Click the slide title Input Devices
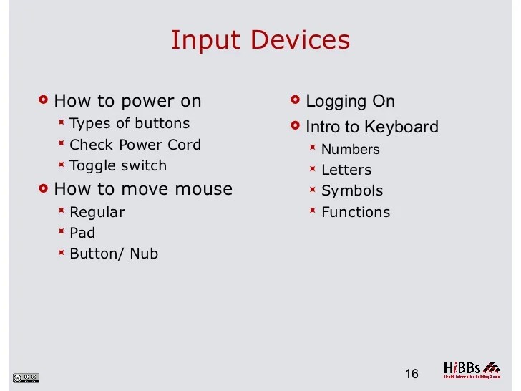click(x=260, y=39)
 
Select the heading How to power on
click(x=127, y=101)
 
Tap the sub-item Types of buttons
click(x=130, y=123)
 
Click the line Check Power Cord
click(x=135, y=145)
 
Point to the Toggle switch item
click(x=118, y=165)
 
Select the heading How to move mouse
click(x=143, y=189)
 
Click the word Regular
click(x=97, y=212)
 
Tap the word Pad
click(x=82, y=233)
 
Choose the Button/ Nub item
click(x=114, y=254)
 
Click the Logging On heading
click(x=350, y=102)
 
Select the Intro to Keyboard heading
click(x=371, y=127)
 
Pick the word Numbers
click(x=350, y=150)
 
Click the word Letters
click(x=346, y=170)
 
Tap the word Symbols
click(x=352, y=191)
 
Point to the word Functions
click(x=356, y=212)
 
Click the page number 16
click(x=411, y=374)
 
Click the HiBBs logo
click(x=471, y=369)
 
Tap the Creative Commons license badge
click(x=26, y=377)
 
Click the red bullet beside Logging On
click(x=296, y=100)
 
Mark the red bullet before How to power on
click(x=44, y=100)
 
